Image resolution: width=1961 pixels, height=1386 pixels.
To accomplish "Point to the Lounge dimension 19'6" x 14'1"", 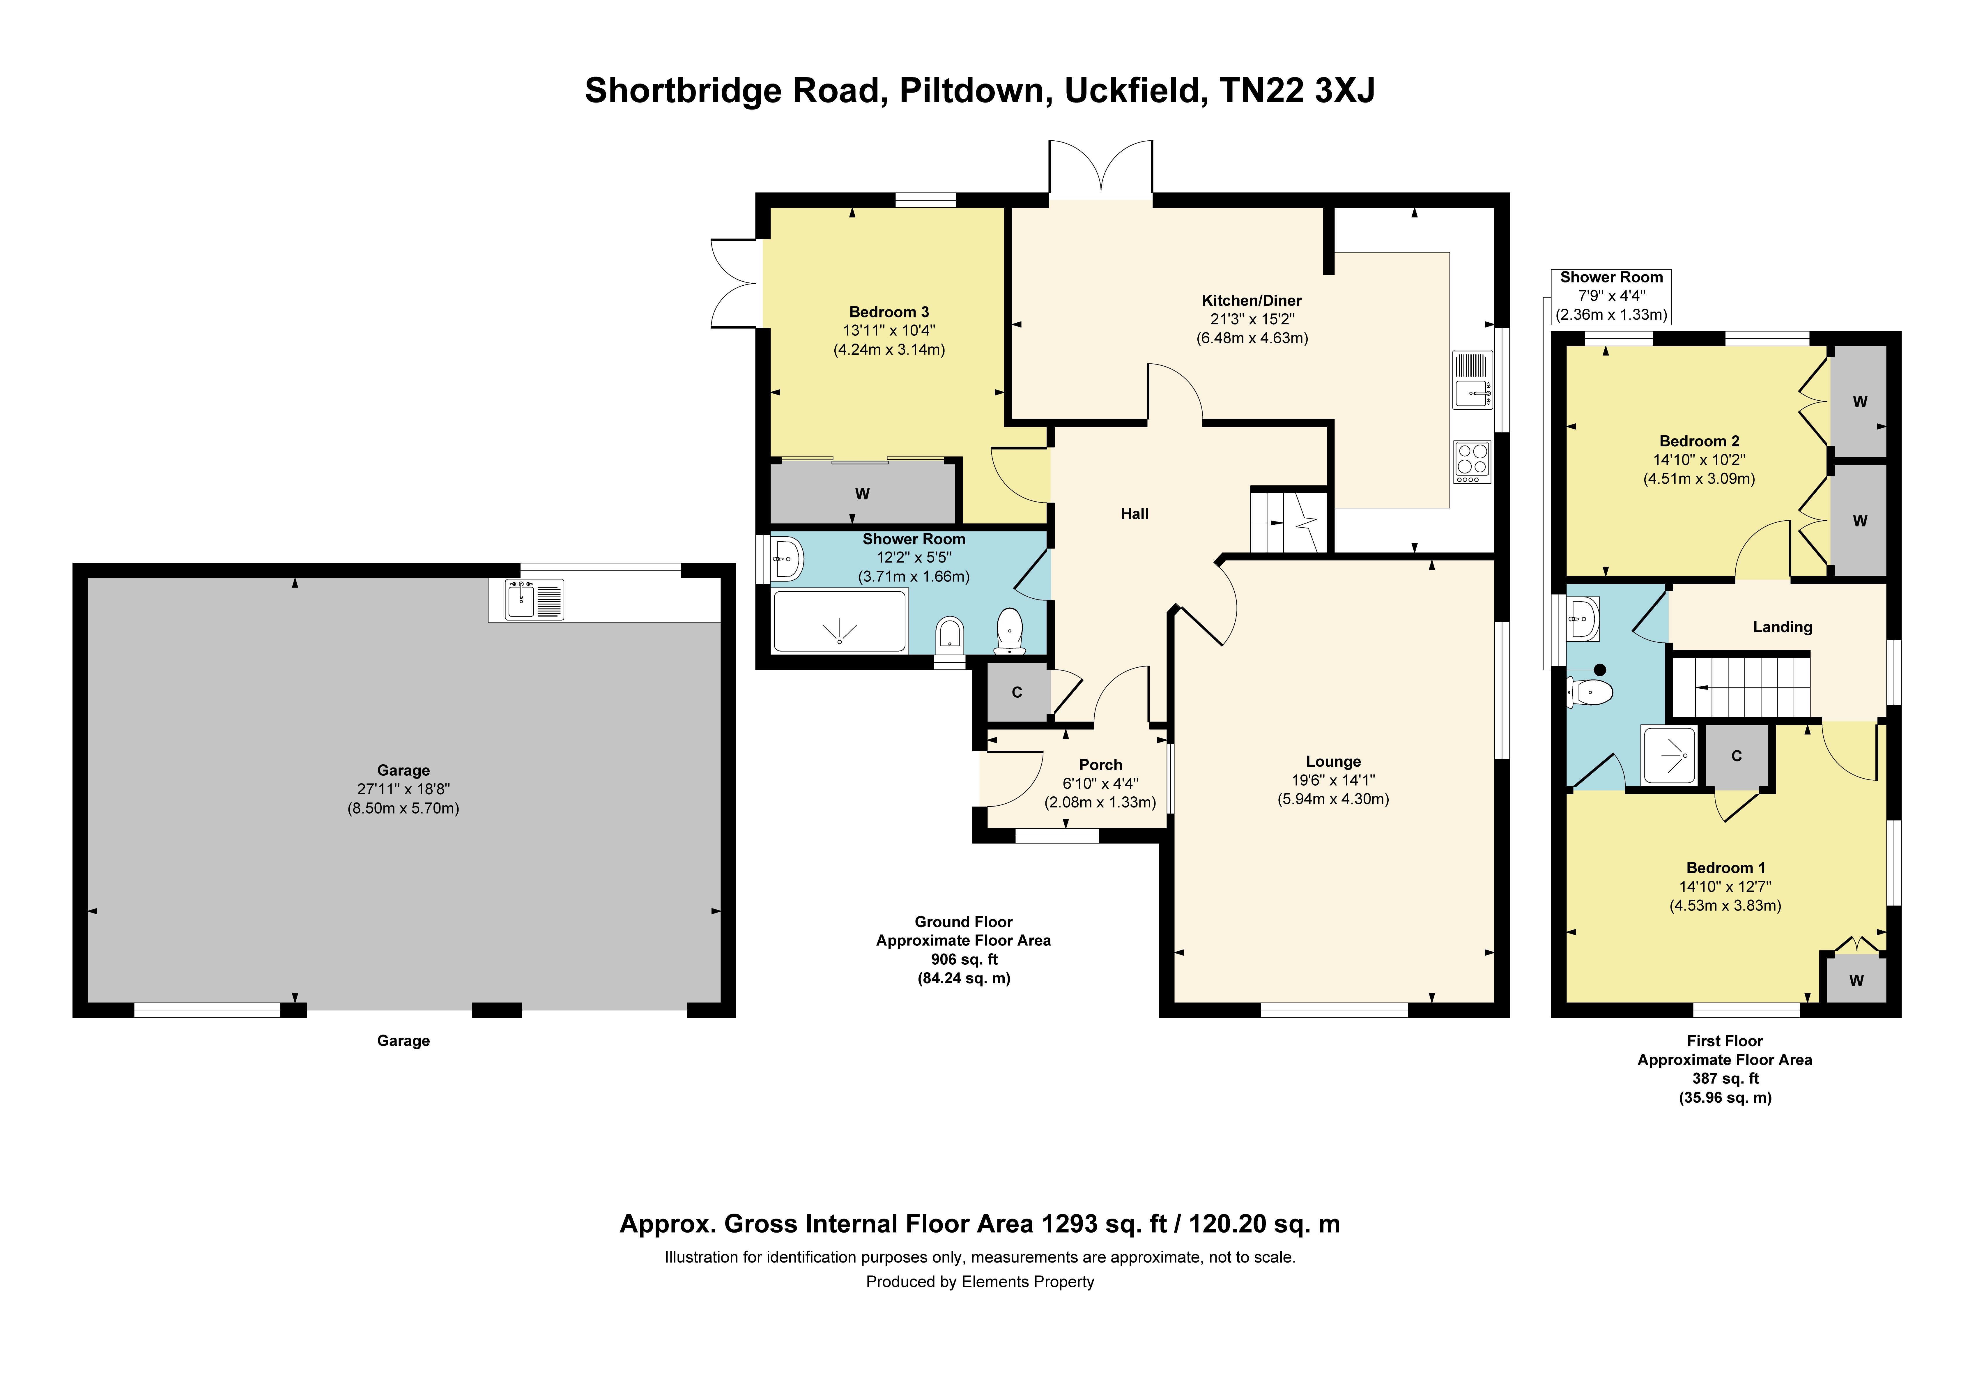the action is tap(1333, 780).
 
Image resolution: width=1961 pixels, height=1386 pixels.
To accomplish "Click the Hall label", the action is tap(1134, 514).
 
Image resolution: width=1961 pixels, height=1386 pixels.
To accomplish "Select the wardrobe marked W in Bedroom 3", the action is tap(863, 493).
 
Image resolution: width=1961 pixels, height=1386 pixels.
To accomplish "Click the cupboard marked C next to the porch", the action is tap(1017, 692).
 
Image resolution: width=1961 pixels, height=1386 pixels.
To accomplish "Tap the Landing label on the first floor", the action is tap(1783, 627).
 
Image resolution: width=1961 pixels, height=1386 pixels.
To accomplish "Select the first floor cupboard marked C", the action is tap(1736, 756).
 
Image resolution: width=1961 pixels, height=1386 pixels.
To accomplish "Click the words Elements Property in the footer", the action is tap(1027, 1282).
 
